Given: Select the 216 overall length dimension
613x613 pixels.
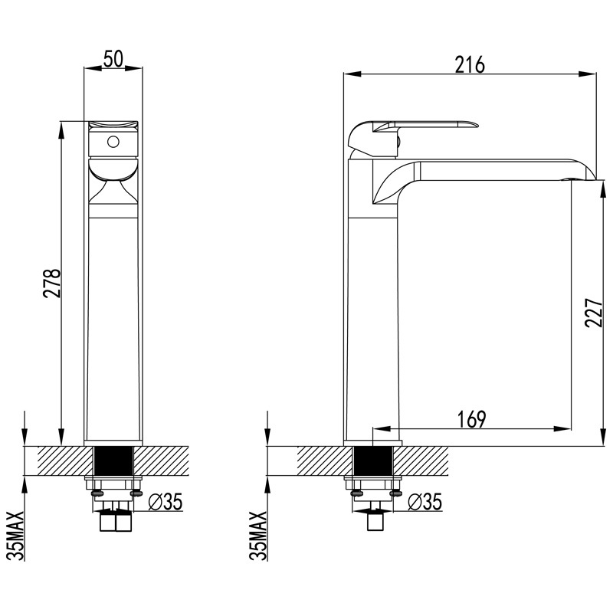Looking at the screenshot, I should (x=470, y=65).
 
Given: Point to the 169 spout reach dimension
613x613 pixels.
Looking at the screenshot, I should (x=471, y=419).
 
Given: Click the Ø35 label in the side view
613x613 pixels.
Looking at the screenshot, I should (x=424, y=502).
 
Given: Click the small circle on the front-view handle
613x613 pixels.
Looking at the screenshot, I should (x=113, y=142).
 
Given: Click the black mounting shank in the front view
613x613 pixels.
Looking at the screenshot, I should (x=113, y=461).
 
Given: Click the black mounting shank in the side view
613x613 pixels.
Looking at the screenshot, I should (x=373, y=461).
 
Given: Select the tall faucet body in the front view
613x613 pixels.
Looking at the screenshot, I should (x=113, y=322).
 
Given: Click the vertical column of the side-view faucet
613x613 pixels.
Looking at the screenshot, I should (x=374, y=322).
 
